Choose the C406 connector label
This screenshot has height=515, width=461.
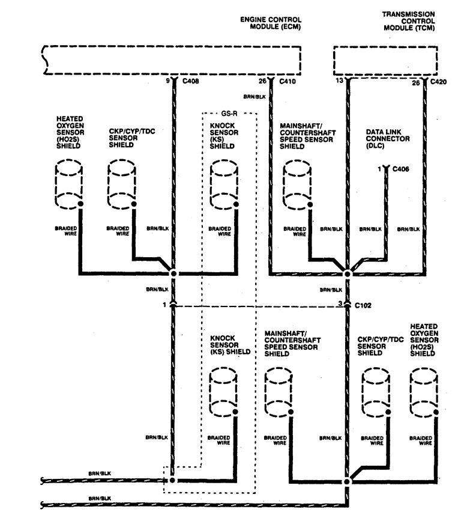(400, 170)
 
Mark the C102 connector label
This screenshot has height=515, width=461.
(362, 305)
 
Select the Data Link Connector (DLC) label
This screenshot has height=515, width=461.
(387, 139)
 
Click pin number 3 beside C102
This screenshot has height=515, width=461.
(340, 304)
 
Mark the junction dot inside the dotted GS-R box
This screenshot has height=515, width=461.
(173, 481)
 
